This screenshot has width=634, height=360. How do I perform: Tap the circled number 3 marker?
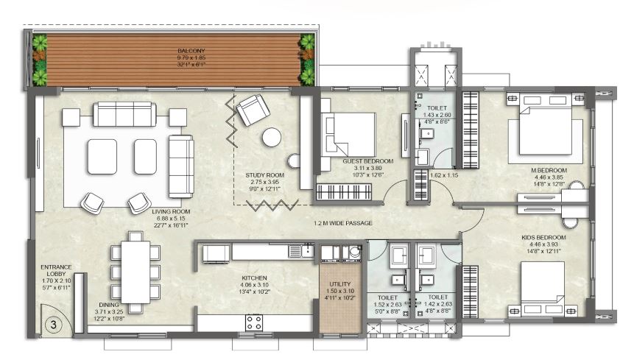(x=52, y=322)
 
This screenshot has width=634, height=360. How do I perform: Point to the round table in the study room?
(x=272, y=137)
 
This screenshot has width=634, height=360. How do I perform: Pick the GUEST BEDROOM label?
(x=367, y=160)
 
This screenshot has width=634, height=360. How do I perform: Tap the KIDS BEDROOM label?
(x=543, y=237)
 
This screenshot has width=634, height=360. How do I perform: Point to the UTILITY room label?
(x=340, y=283)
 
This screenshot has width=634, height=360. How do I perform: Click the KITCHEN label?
(x=256, y=278)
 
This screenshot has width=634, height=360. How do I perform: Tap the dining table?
(x=135, y=269)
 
